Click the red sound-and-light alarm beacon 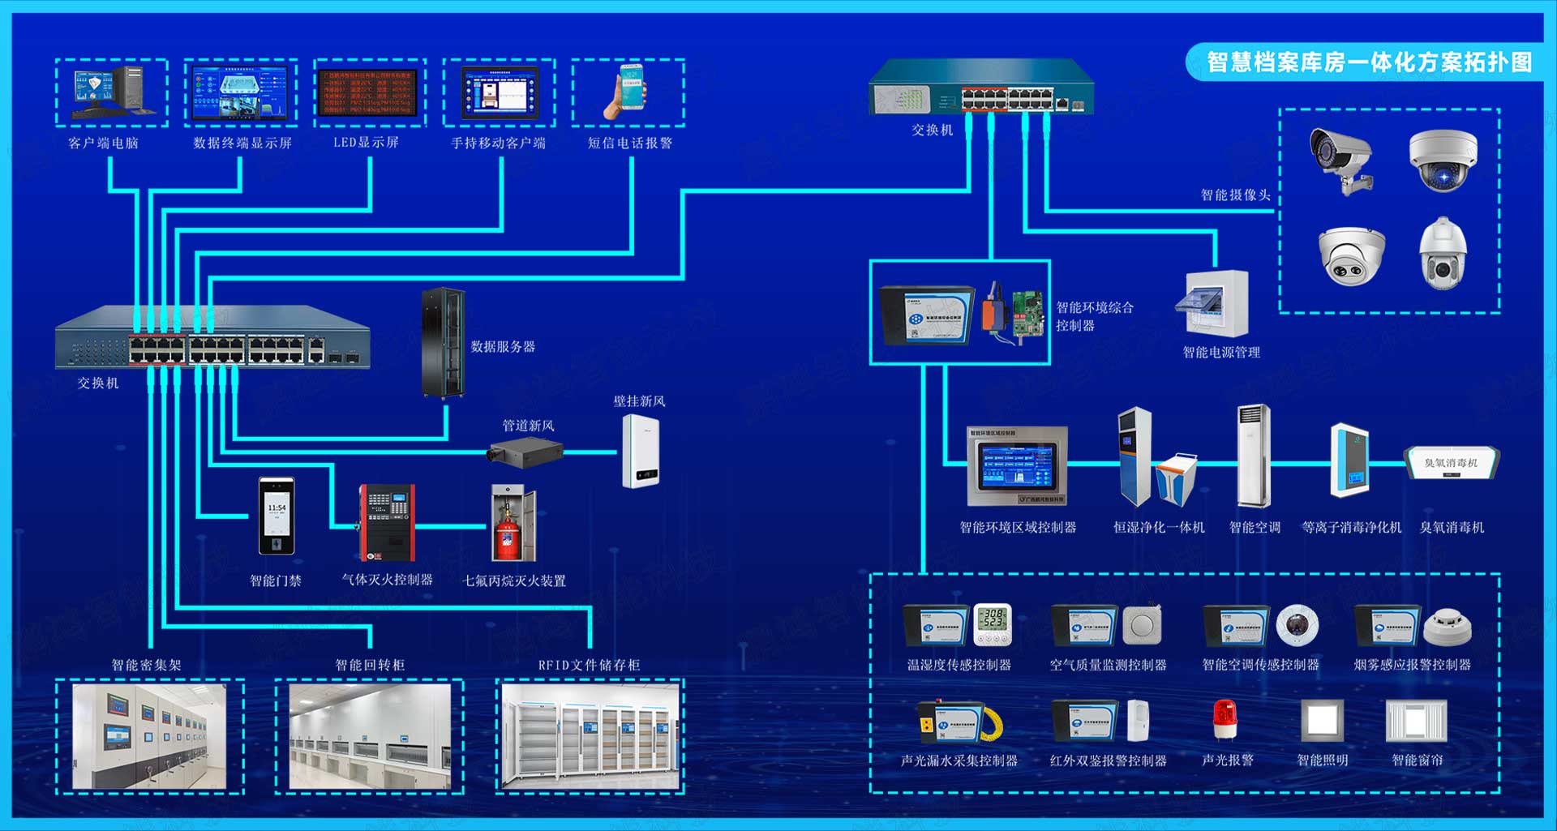[1225, 719]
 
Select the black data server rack [443, 343]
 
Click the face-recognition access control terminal [277, 516]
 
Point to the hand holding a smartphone [627, 92]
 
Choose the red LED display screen [370, 92]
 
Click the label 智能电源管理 [1221, 353]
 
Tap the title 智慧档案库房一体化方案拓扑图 [1370, 62]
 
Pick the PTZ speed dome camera [1443, 253]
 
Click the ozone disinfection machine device [1451, 463]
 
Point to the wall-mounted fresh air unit [641, 451]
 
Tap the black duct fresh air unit [525, 452]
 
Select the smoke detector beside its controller [1448, 626]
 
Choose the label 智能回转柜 [370, 665]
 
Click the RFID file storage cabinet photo [590, 735]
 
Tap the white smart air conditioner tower [1253, 456]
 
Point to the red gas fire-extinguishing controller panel [388, 523]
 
